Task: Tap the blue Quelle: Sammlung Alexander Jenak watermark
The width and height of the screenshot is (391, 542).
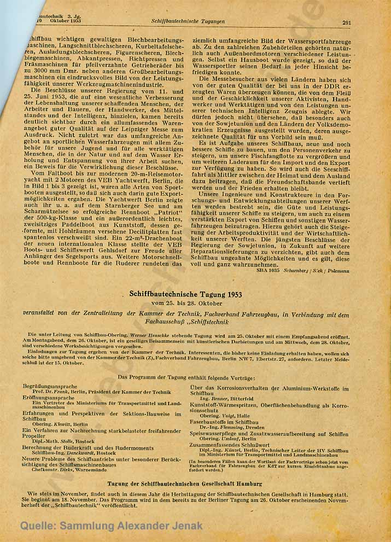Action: click(112, 526)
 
